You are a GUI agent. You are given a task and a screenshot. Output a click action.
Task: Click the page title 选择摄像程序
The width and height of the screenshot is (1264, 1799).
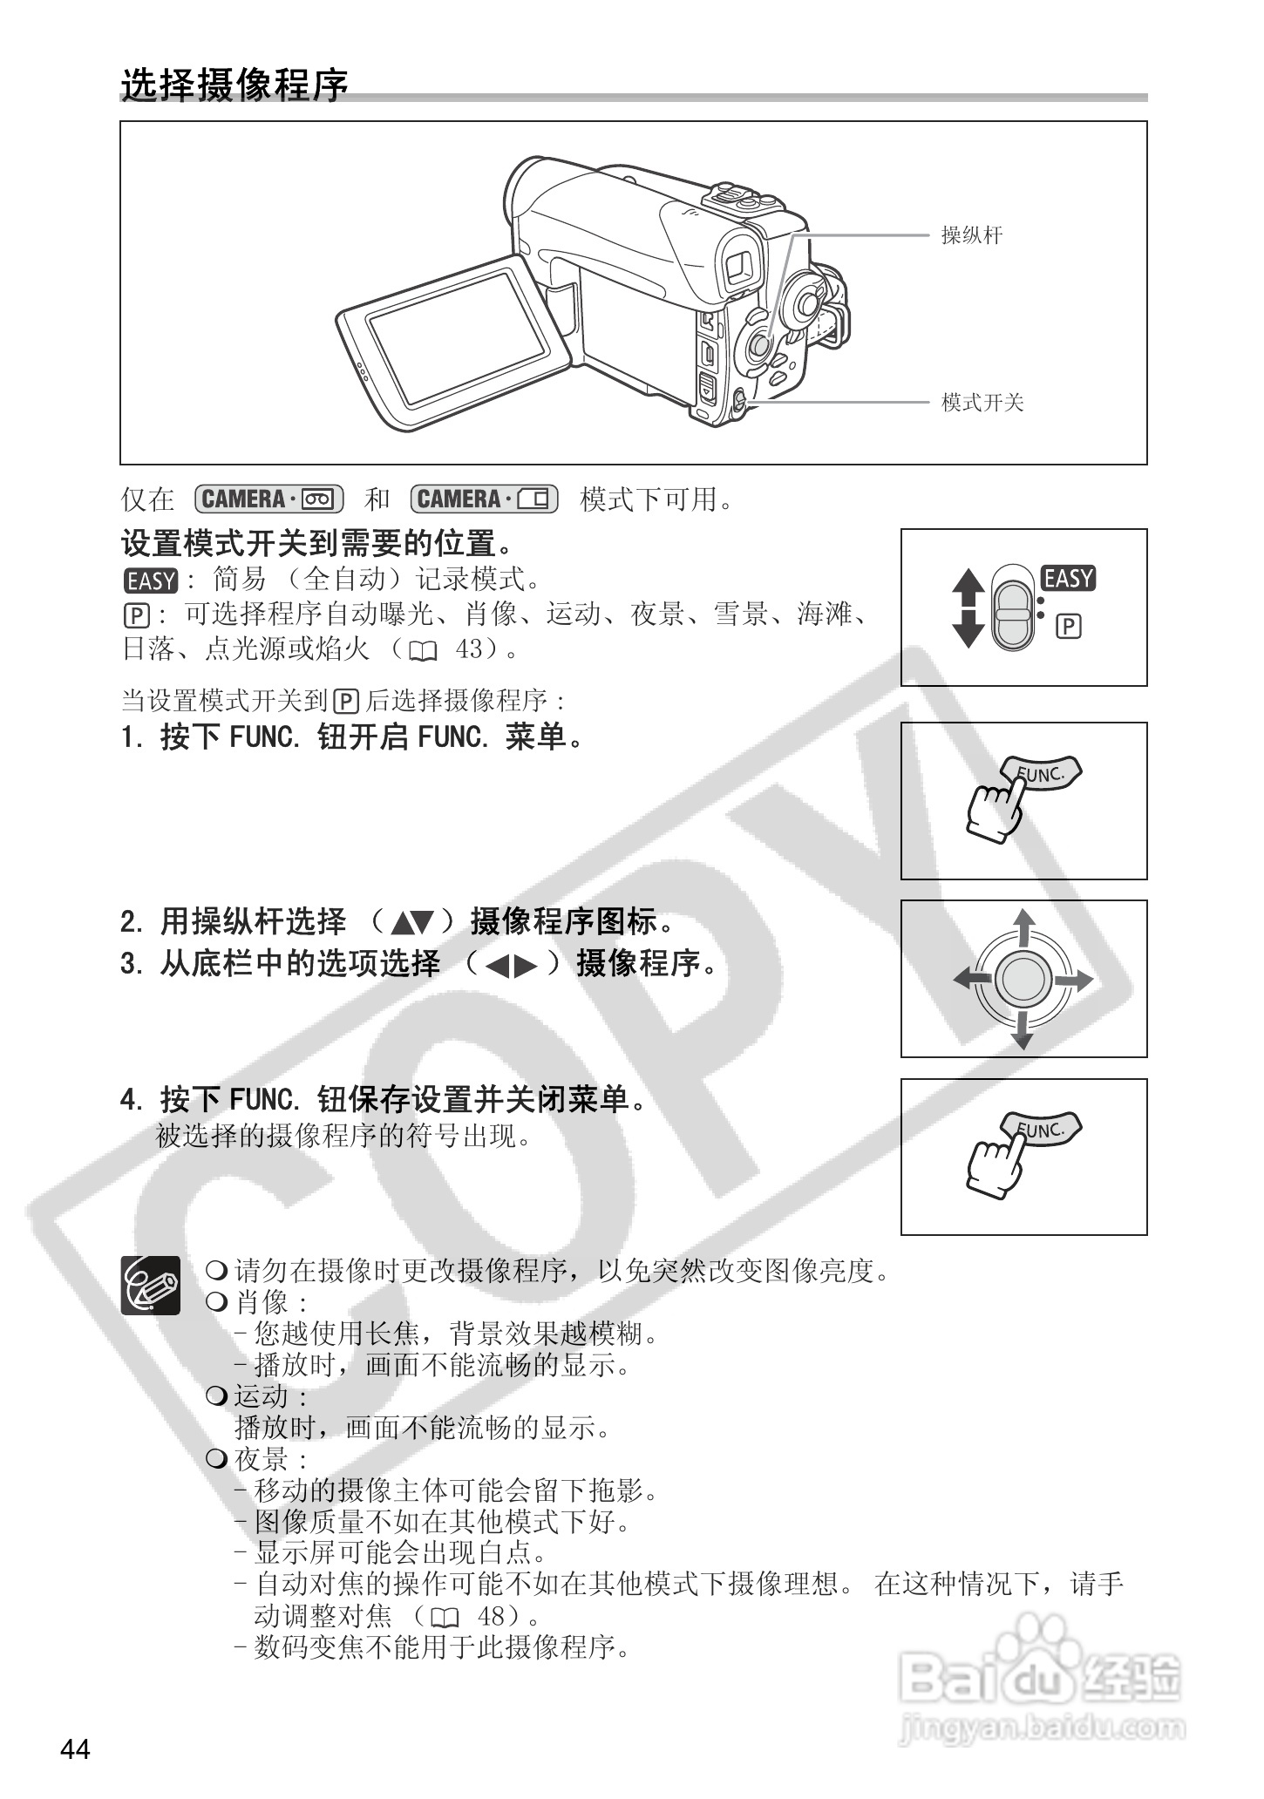pyautogui.click(x=234, y=85)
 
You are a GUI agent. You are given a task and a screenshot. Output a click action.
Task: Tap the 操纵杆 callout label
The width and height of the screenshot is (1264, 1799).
pyautogui.click(x=971, y=235)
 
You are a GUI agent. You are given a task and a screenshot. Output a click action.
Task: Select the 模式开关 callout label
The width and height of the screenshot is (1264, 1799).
pyautogui.click(x=982, y=403)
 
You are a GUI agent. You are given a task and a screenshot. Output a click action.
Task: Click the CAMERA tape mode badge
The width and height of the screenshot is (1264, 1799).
pyautogui.click(x=270, y=499)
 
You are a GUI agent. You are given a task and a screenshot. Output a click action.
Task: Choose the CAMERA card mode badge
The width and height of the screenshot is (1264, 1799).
pyautogui.click(x=484, y=499)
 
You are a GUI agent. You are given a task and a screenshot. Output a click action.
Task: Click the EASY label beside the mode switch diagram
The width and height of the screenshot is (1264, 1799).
pyautogui.click(x=1068, y=579)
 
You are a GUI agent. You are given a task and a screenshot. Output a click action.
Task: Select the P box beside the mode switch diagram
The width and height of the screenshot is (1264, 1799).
pyautogui.click(x=1069, y=627)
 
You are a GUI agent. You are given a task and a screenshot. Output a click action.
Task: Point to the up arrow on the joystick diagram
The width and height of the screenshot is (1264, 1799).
pyautogui.click(x=1024, y=927)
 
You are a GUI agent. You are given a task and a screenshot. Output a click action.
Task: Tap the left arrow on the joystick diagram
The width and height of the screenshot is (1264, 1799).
pyautogui.click(x=971, y=980)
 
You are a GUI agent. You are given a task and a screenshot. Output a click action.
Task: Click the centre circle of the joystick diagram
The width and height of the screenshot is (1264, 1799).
pyautogui.click(x=1023, y=980)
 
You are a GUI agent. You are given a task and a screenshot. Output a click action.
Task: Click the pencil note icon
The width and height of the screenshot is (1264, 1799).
pyautogui.click(x=151, y=1286)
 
